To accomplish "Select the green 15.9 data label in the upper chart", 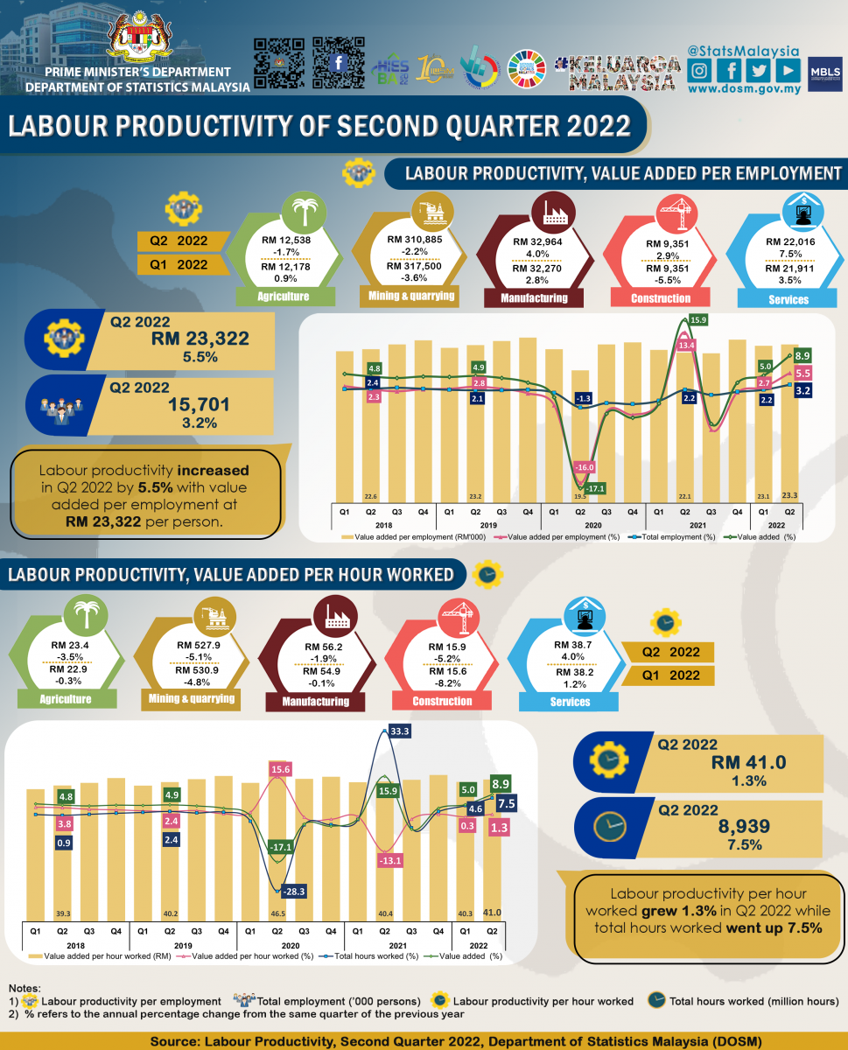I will (x=698, y=321).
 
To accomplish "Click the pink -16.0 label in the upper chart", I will (x=585, y=467).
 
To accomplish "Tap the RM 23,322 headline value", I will (x=200, y=339).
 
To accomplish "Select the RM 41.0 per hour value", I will (x=749, y=762).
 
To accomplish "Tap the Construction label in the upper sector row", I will (x=662, y=298).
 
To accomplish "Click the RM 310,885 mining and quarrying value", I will (x=415, y=240).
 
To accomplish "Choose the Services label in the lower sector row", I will (x=571, y=702).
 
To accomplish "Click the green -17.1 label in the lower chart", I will (x=281, y=848).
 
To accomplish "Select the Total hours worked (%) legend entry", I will (x=359, y=956).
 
